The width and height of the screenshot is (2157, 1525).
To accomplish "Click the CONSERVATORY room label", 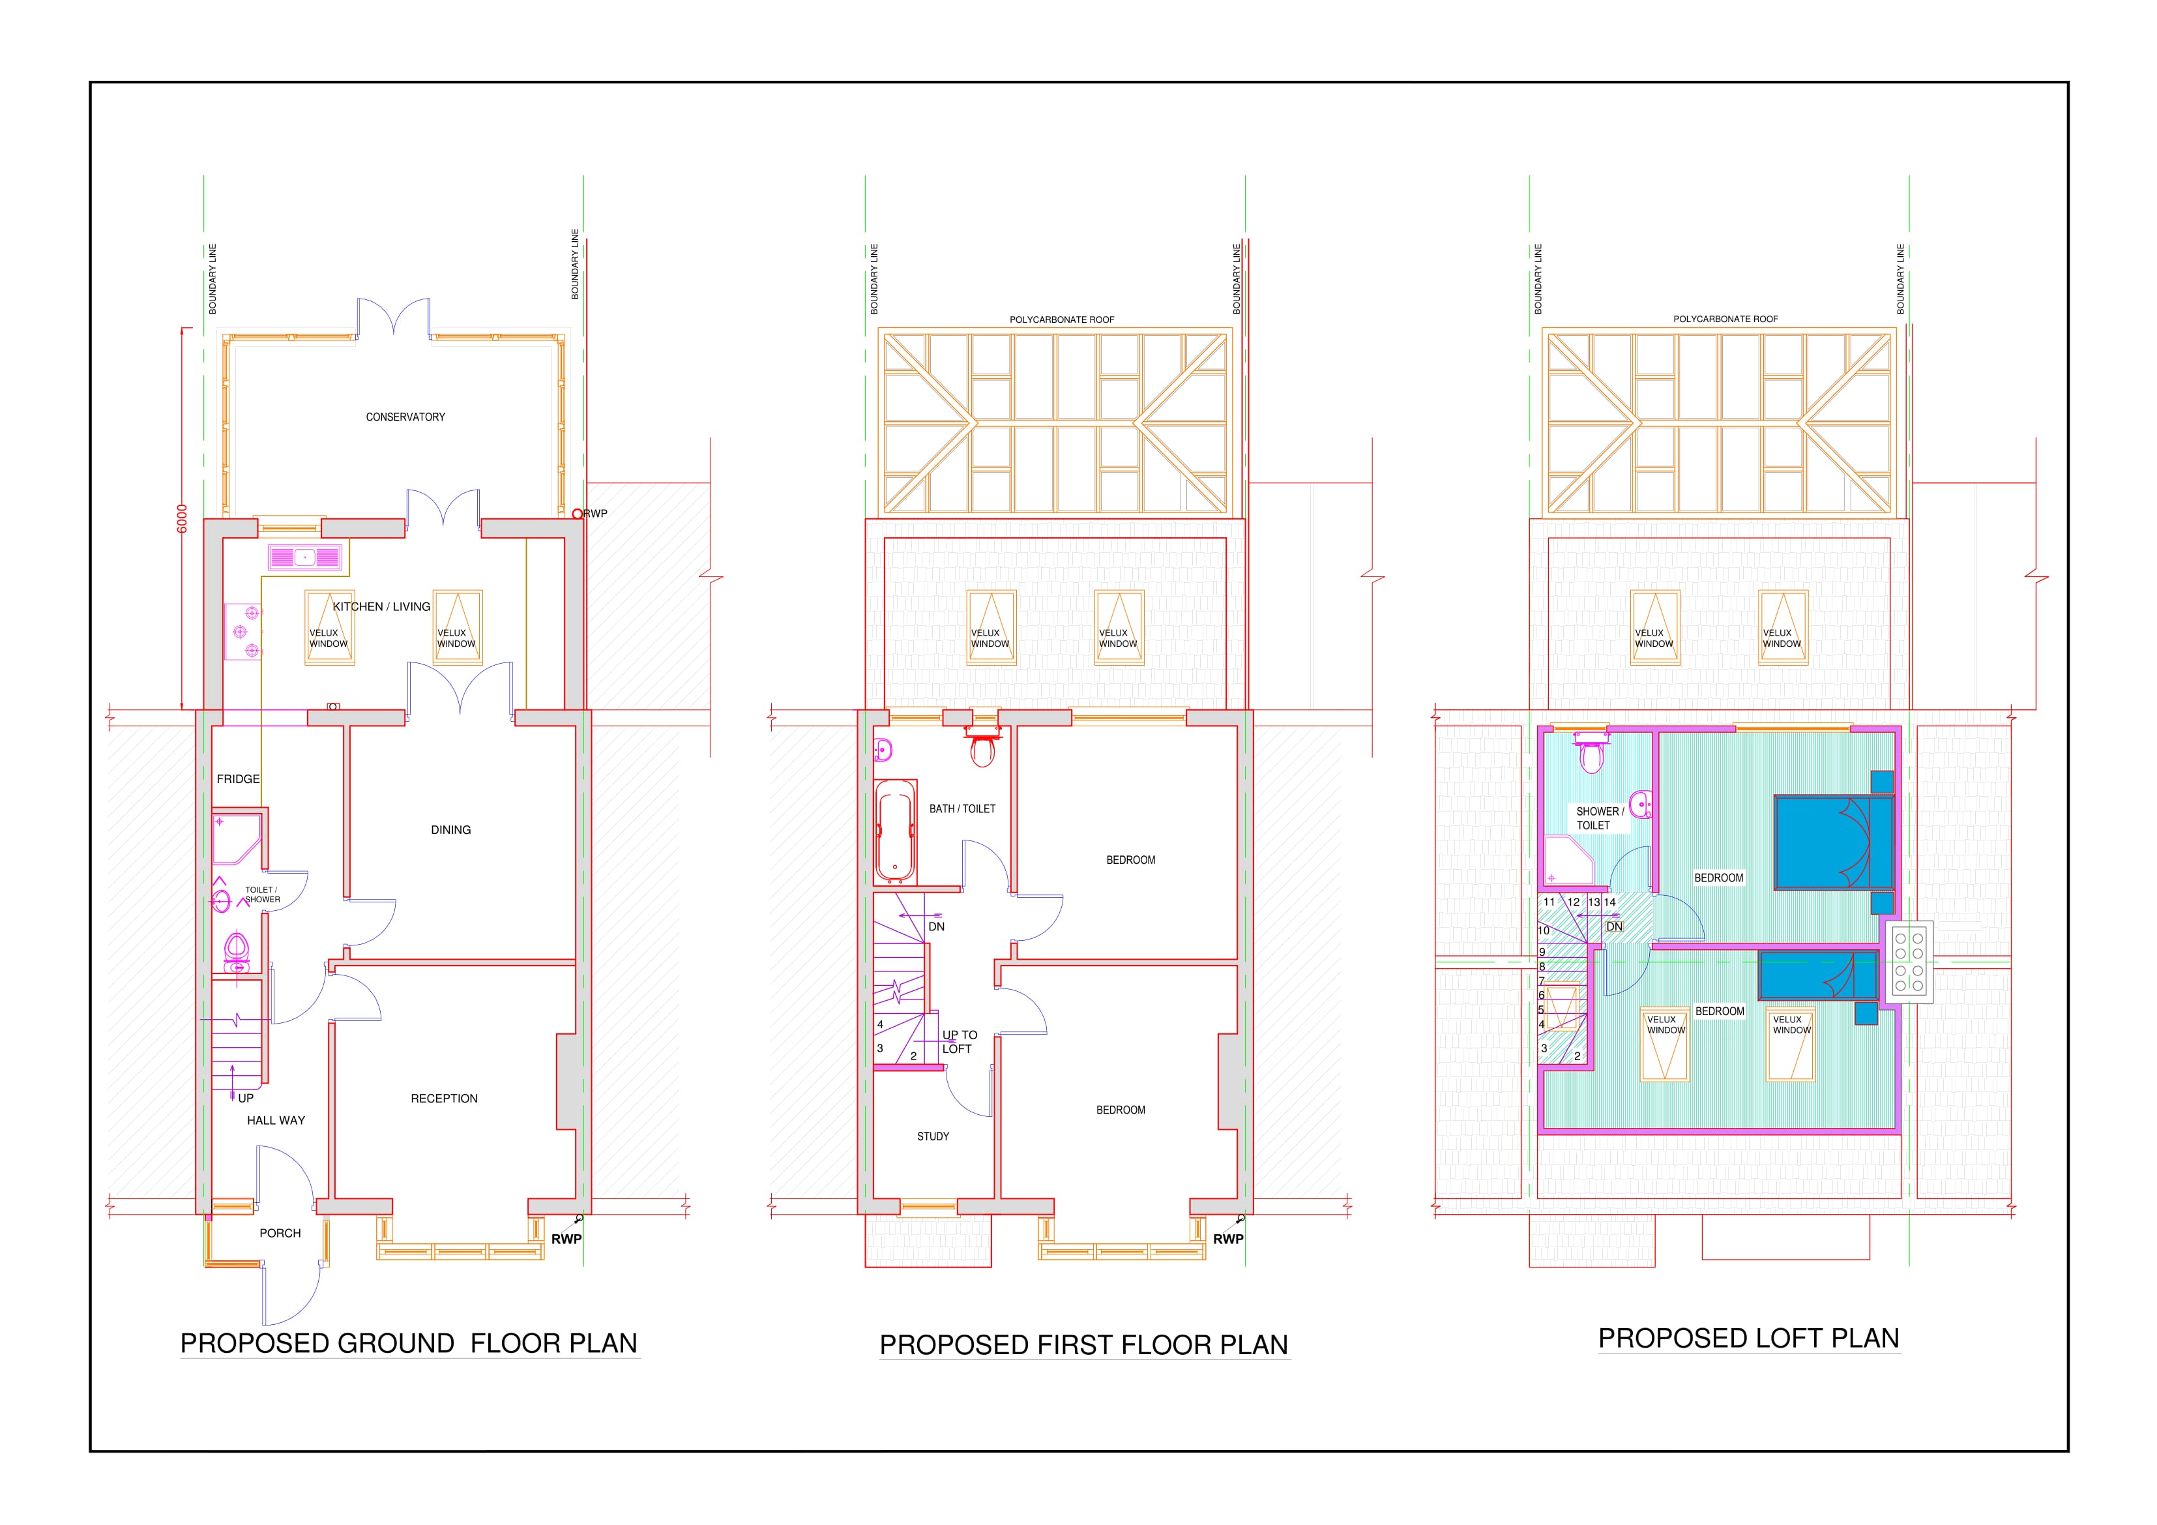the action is [x=405, y=417].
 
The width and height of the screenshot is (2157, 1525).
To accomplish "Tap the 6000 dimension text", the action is [x=183, y=519].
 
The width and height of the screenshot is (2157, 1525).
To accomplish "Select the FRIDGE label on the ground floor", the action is [x=238, y=779].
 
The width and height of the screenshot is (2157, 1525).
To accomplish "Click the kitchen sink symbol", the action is [x=304, y=557].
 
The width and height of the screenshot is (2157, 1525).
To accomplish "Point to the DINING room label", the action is [x=451, y=830].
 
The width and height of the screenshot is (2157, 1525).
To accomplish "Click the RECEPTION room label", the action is [x=445, y=1099].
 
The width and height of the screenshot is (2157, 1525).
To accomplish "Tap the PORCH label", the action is [x=280, y=1233].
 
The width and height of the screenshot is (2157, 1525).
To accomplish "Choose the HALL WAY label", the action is [x=276, y=1120].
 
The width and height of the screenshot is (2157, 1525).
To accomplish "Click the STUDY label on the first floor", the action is [x=933, y=1136].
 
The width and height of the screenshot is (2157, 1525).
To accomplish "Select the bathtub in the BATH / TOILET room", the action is [x=894, y=833].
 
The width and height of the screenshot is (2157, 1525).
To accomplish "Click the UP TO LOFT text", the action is [x=959, y=1042].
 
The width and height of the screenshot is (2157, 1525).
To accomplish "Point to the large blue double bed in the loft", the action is [x=1834, y=842].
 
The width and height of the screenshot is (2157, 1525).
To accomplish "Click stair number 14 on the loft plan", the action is [x=1609, y=902].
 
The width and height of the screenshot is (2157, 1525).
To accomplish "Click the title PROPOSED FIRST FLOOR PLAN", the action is [x=1083, y=1344].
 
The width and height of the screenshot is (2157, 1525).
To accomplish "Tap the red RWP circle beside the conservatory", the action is [x=578, y=514].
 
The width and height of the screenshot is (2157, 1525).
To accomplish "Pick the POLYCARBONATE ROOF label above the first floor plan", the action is [x=1062, y=319].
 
